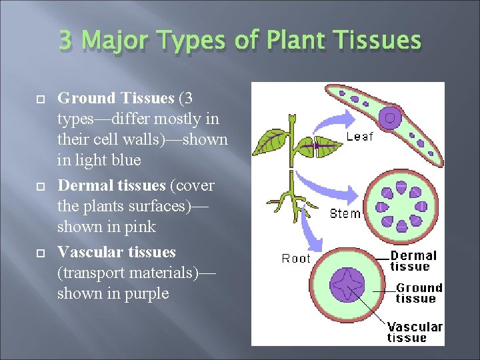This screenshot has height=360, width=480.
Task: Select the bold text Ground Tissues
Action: [x=116, y=99]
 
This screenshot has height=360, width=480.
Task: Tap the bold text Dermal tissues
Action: [x=111, y=185]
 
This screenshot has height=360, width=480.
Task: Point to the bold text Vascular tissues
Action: [x=117, y=252]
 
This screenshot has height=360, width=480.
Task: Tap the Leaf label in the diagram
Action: [x=360, y=137]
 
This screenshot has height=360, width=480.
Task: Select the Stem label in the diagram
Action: [x=345, y=214]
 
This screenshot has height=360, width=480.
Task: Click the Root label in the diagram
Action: [x=296, y=258]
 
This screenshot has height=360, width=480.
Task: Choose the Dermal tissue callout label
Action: [x=413, y=261]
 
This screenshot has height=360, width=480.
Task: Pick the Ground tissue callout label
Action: [x=419, y=293]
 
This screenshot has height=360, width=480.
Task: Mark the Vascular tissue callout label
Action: [x=415, y=332]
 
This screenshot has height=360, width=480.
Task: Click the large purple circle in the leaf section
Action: [x=390, y=119]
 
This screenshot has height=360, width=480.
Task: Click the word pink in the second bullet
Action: [x=139, y=227]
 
